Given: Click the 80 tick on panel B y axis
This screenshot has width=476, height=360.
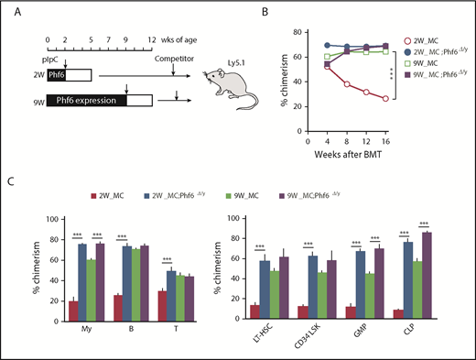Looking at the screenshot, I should point(286,32).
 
